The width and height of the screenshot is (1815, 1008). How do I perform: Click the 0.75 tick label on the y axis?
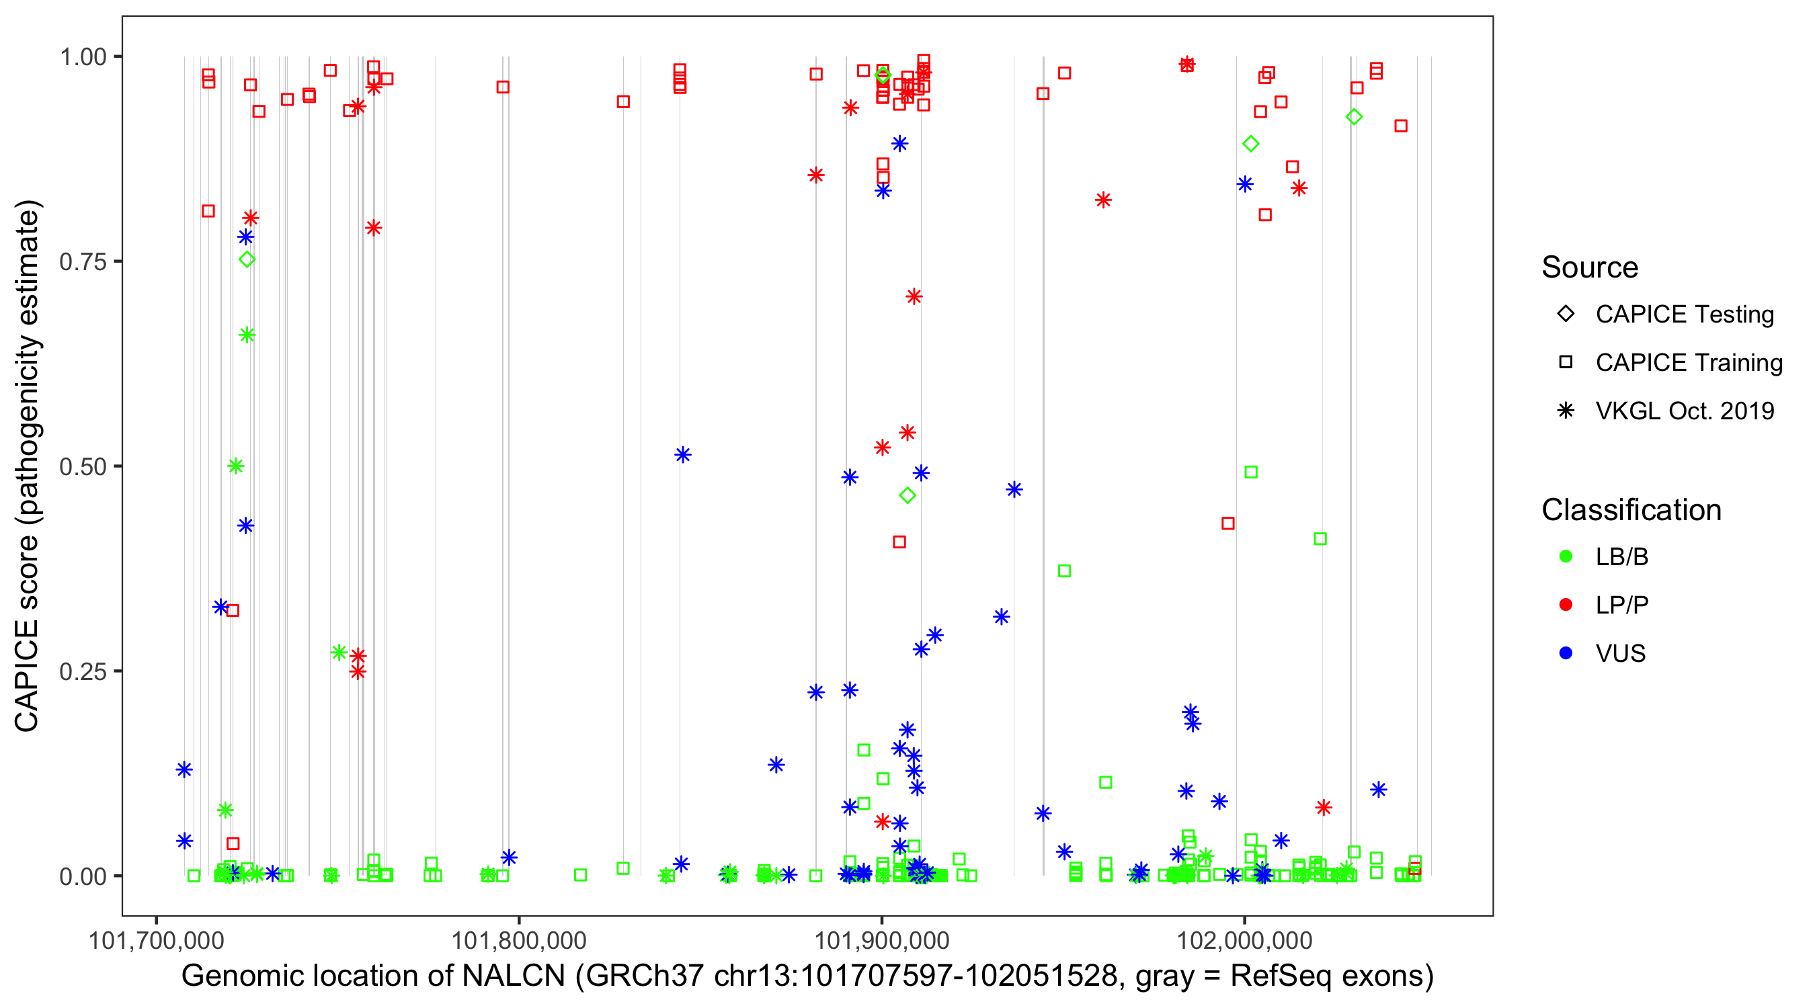click(82, 261)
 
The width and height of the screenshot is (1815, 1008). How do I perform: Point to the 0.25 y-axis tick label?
click(82, 671)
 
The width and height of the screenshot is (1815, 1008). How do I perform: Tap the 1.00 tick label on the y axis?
click(82, 56)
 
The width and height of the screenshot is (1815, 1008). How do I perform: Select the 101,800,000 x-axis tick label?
click(518, 940)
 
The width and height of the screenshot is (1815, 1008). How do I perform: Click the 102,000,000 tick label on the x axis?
click(1245, 940)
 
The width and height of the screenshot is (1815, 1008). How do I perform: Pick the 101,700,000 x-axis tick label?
click(156, 940)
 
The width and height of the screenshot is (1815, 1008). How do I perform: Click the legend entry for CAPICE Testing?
click(1684, 314)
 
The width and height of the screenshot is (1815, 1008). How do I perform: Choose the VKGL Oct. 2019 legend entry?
click(1684, 411)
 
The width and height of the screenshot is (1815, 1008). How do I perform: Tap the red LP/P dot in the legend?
click(1566, 605)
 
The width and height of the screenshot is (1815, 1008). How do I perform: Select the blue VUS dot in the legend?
click(1566, 653)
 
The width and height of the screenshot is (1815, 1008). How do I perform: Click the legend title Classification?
click(1631, 510)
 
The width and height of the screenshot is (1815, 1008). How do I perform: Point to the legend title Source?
click(1590, 267)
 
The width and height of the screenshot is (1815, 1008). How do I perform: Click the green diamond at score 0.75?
click(247, 260)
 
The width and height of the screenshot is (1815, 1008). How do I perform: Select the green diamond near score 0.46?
click(908, 496)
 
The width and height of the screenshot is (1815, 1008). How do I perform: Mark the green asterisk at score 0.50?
click(236, 466)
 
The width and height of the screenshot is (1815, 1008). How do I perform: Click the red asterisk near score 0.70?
click(914, 296)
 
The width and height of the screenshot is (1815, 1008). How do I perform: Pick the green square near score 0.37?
click(1065, 571)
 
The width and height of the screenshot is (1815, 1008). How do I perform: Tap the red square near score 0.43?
click(1228, 523)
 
